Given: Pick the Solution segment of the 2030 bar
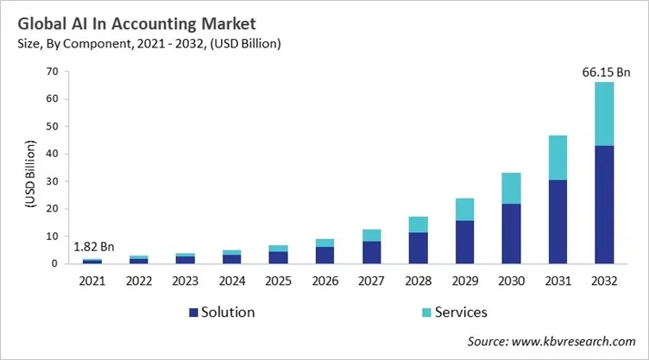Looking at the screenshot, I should pos(511,233).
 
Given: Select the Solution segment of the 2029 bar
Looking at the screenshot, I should pos(465,242).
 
